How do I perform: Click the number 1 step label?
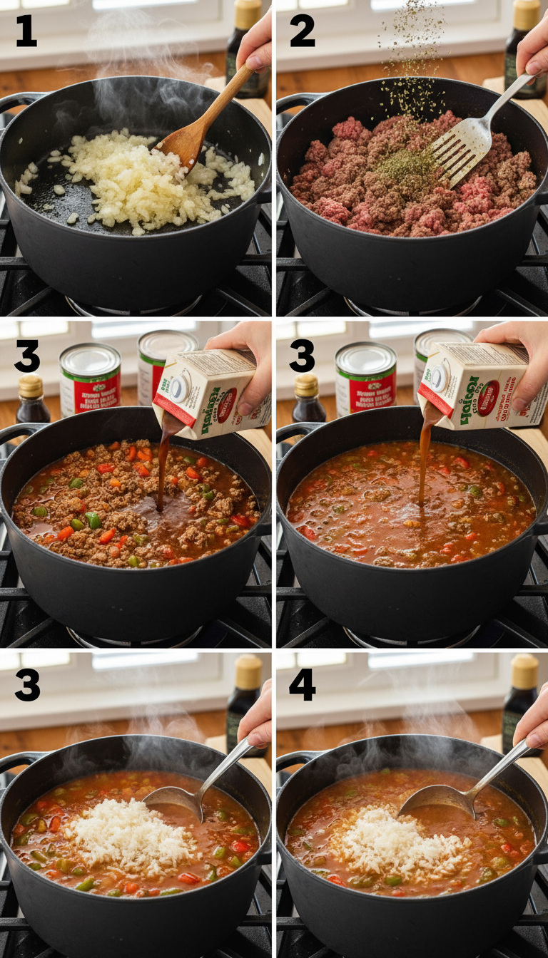click(26, 33)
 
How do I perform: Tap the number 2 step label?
click(302, 33)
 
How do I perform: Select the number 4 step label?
click(302, 685)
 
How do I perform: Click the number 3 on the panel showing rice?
click(27, 685)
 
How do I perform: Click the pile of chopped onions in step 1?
click(136, 178)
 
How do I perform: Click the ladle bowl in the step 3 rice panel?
click(175, 802)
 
